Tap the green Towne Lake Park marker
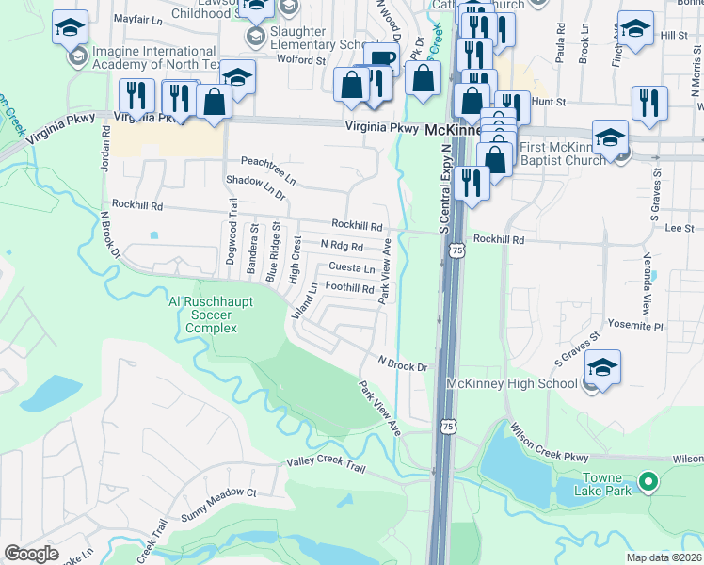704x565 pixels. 647,483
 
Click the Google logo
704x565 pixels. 31,553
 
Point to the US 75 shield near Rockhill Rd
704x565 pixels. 456,250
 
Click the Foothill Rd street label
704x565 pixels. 349,287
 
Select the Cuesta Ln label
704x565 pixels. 351,267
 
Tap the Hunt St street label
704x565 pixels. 548,101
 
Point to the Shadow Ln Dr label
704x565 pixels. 255,186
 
